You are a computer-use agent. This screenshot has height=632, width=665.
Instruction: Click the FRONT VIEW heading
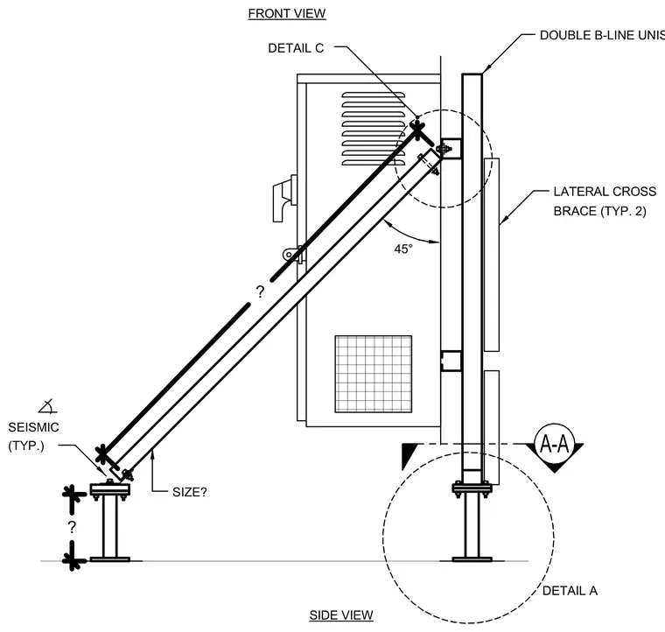pos(287,14)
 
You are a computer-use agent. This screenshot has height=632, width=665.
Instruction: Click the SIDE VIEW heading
pos(341,615)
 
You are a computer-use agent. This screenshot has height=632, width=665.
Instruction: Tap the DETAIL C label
pos(296,48)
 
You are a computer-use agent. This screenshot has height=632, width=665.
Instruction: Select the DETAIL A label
pos(570,591)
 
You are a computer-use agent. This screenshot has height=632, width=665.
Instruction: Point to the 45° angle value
pos(403,249)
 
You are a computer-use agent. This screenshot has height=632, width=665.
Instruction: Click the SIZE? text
pos(190,493)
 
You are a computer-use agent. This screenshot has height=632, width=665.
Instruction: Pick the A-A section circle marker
pos(554,444)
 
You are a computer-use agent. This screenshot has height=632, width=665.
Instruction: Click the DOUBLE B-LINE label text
pos(602,35)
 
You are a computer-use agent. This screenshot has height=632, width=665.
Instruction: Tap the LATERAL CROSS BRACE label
pos(605,201)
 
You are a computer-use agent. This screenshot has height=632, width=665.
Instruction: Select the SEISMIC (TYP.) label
pos(33,437)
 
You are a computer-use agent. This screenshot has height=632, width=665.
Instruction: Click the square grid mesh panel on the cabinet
pos(374,374)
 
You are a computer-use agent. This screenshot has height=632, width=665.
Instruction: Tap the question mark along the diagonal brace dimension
pos(260,291)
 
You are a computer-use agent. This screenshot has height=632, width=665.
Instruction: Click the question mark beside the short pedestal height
pos(72,527)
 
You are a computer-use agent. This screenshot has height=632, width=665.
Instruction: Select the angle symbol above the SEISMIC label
pos(47,406)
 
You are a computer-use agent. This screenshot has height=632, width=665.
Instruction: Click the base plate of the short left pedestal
pos(110,559)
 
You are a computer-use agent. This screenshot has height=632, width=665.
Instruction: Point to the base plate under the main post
pos(472,559)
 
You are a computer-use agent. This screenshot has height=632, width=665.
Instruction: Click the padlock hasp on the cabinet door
pos(293,254)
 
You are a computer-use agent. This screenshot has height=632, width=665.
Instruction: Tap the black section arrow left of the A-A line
pos(408,456)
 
